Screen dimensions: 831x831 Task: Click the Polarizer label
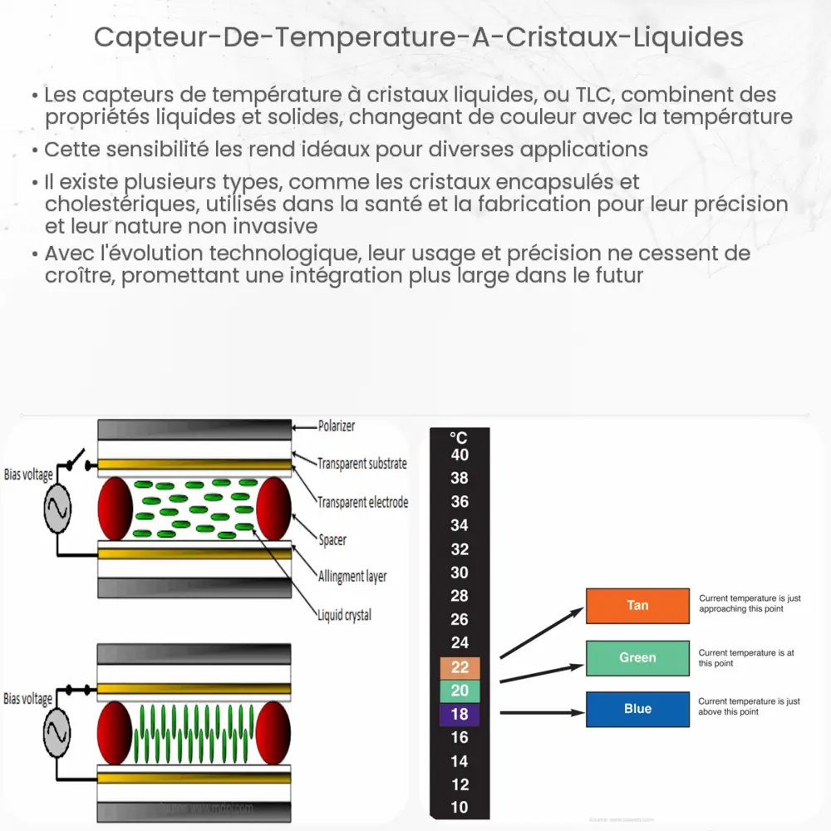pyautogui.click(x=337, y=426)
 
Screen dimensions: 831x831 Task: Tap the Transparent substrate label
pyautogui.click(x=362, y=464)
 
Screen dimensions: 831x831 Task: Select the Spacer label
pyautogui.click(x=332, y=540)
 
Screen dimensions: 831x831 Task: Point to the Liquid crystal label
pyautogui.click(x=344, y=615)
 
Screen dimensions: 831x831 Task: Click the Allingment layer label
pyautogui.click(x=352, y=576)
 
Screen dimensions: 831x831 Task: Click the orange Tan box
pyautogui.click(x=637, y=605)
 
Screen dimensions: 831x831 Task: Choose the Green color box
pyautogui.click(x=637, y=657)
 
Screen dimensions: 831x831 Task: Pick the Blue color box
pyautogui.click(x=637, y=709)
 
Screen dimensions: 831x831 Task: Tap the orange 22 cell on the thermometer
pyautogui.click(x=460, y=667)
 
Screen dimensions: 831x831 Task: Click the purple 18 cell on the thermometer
pyautogui.click(x=460, y=715)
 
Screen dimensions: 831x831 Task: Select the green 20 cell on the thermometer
pyautogui.click(x=460, y=691)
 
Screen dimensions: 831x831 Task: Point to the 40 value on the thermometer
pyautogui.click(x=460, y=455)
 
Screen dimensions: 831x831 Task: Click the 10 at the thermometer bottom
pyautogui.click(x=460, y=807)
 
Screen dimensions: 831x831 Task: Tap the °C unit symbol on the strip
pyautogui.click(x=459, y=438)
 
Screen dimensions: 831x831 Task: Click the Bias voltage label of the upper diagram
pyautogui.click(x=28, y=475)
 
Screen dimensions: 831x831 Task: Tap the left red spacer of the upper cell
pyautogui.click(x=116, y=509)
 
